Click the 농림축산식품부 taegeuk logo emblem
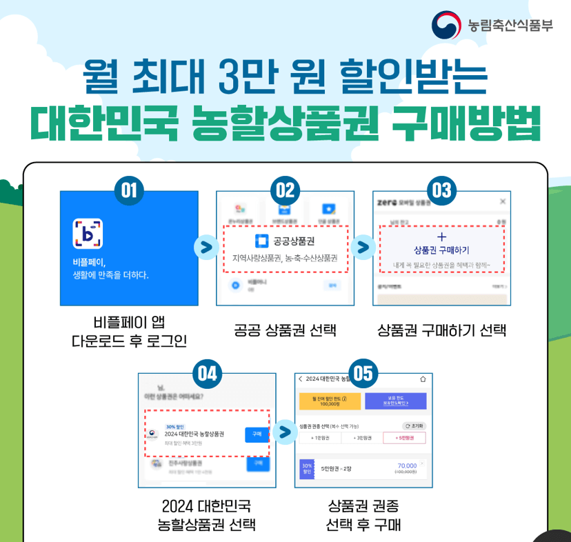pyautogui.click(x=446, y=26)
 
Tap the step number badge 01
pyautogui.click(x=129, y=190)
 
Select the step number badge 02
pyautogui.click(x=285, y=190)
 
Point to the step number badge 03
pyautogui.click(x=441, y=190)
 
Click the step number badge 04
pyautogui.click(x=207, y=373)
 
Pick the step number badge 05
pyautogui.click(x=363, y=373)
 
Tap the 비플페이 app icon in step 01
pyautogui.click(x=88, y=234)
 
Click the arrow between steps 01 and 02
pyautogui.click(x=206, y=247)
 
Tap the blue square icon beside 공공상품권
pyautogui.click(x=261, y=241)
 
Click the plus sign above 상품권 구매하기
pyautogui.click(x=442, y=237)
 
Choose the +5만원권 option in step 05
pyautogui.click(x=404, y=438)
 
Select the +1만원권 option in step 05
pyautogui.click(x=320, y=438)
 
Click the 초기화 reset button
pyautogui.click(x=414, y=425)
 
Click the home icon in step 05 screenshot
pyautogui.click(x=422, y=379)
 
